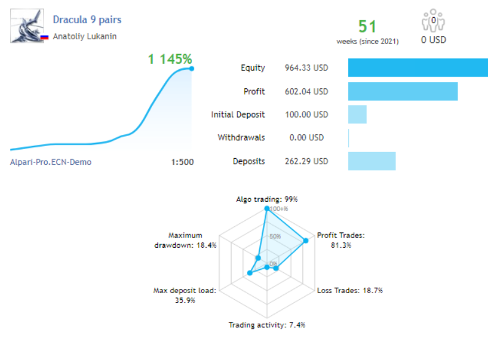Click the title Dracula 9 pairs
pos(87,20)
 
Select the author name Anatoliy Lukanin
pos(85,36)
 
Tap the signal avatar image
pos(27,26)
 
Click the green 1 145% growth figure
pos(170,59)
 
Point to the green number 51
pos(367,26)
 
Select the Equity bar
pos(417,68)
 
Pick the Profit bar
pos(402,91)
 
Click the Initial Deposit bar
pos(357,115)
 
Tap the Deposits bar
pos(372,161)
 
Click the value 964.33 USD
pos(307,68)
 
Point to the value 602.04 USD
pos(307,91)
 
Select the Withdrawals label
pos(242,138)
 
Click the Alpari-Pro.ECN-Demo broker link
pos(51,163)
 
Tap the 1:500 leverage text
pos(183,163)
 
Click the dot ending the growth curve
pos(192,68)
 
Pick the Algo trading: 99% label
pos(267,199)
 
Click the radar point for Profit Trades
pos(306,240)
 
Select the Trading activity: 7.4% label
pos(267,325)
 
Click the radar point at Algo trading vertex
pos(267,209)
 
